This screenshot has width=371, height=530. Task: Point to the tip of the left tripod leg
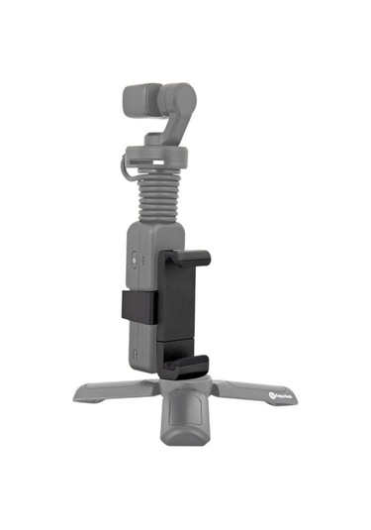click(x=78, y=393)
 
